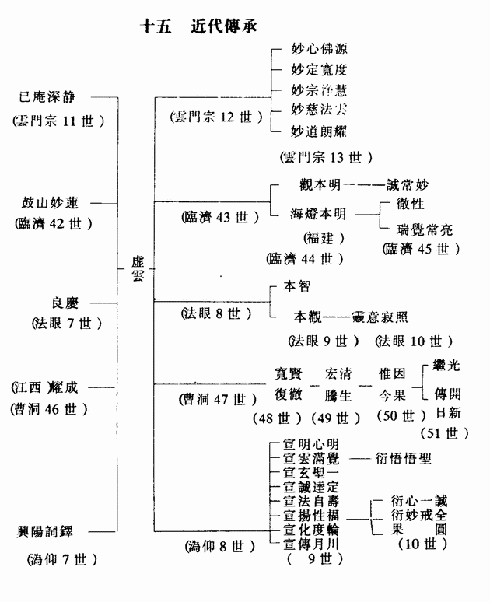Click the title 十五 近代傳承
(x=198, y=26)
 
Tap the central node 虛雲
(x=138, y=269)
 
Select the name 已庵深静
(x=54, y=98)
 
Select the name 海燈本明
(x=319, y=214)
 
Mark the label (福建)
(x=319, y=237)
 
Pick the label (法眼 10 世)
(x=413, y=341)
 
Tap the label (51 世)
(x=446, y=432)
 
